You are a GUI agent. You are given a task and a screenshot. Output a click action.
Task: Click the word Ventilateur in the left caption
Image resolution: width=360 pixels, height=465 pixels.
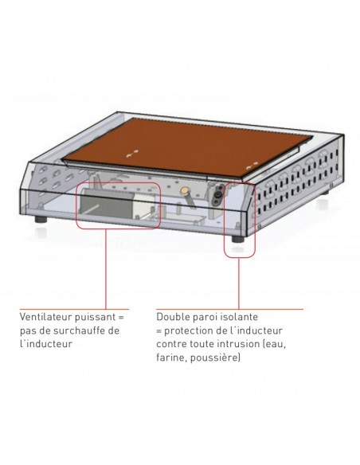[45, 317]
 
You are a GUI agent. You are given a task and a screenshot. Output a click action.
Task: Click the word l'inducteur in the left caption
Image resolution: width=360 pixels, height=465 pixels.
[46, 344]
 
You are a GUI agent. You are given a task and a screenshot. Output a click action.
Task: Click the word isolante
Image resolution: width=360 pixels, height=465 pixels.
[238, 317]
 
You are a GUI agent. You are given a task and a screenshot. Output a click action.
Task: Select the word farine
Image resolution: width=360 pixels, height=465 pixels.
[172, 358]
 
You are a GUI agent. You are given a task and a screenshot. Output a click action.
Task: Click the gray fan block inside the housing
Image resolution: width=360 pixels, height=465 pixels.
[106, 204]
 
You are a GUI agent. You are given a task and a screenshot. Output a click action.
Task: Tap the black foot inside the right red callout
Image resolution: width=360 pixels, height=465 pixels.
[238, 239]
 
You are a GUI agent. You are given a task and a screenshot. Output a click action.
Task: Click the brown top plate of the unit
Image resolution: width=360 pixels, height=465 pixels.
[187, 147]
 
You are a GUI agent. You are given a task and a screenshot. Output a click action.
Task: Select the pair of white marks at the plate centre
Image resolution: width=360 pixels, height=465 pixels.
[132, 154]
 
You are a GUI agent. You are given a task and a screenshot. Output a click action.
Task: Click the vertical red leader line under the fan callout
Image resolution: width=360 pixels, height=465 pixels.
[106, 269]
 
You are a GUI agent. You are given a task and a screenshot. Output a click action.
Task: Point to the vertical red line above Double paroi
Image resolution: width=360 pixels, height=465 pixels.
[239, 283]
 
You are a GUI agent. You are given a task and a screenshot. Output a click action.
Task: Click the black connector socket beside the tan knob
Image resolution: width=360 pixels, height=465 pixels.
[218, 195]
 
